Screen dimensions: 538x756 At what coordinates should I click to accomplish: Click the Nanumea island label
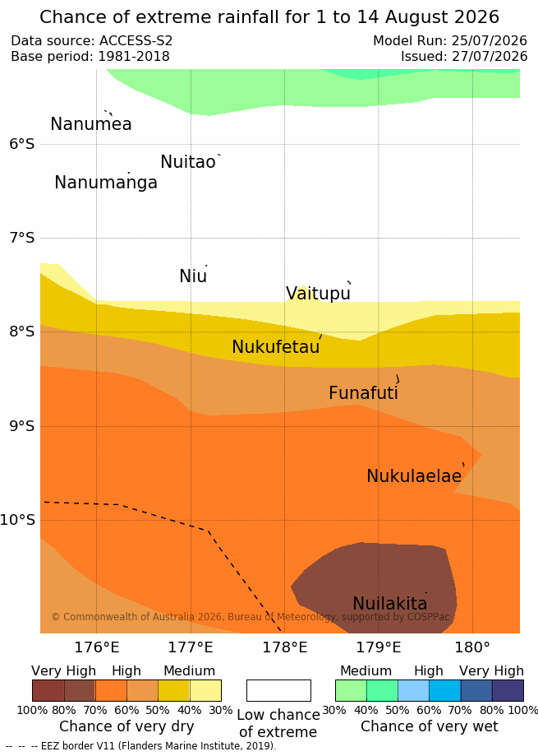pyautogui.click(x=91, y=124)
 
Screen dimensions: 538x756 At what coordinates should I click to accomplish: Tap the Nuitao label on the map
pyautogui.click(x=188, y=162)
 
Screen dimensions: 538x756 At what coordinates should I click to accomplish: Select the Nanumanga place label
pyautogui.click(x=106, y=183)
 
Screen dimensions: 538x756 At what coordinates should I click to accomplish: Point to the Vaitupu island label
pyautogui.click(x=318, y=293)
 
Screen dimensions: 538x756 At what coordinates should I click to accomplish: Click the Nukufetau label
pyautogui.click(x=276, y=346)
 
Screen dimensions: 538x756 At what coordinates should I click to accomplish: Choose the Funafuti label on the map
pyautogui.click(x=363, y=393)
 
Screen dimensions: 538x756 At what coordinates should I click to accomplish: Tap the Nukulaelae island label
pyautogui.click(x=414, y=475)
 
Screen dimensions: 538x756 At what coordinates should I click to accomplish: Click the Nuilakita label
pyautogui.click(x=390, y=603)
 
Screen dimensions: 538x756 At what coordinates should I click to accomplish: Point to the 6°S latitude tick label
pyautogui.click(x=22, y=144)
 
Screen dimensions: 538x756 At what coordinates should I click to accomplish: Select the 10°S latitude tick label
pyautogui.click(x=18, y=520)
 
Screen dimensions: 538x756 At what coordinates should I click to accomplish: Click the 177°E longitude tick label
pyautogui.click(x=191, y=647)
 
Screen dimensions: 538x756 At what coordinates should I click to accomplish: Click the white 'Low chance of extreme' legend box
pyautogui.click(x=278, y=690)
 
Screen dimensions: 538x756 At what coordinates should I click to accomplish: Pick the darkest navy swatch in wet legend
pyautogui.click(x=508, y=690)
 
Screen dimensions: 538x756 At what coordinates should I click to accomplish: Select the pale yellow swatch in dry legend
pyautogui.click(x=205, y=690)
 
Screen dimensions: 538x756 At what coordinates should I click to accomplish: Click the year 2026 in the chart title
pyautogui.click(x=476, y=17)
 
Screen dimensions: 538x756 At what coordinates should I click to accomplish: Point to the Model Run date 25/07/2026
pyautogui.click(x=490, y=40)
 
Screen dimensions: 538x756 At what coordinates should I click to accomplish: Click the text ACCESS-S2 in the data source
pyautogui.click(x=136, y=40)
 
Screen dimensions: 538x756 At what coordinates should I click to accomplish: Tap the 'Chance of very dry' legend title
pyautogui.click(x=126, y=726)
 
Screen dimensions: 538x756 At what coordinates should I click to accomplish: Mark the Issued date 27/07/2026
pyautogui.click(x=490, y=57)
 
